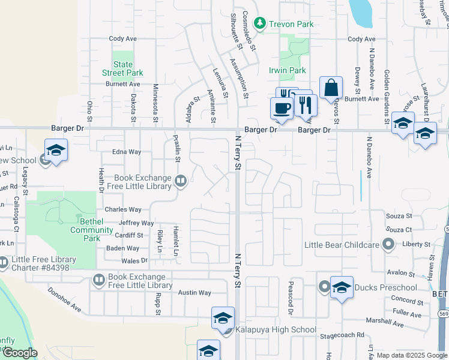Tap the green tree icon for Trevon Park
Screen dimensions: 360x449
pos(259,23)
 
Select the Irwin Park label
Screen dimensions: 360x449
pos(288,70)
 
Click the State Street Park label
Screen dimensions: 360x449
pos(123,69)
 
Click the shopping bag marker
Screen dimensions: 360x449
pos(331,88)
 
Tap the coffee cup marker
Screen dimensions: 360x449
pos(282,108)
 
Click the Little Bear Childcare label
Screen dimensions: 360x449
pos(342,245)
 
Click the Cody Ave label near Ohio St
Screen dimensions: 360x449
pos(123,39)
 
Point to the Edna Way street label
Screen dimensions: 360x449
pos(126,152)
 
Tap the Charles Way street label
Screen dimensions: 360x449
pos(122,210)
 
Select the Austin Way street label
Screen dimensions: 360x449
pos(194,293)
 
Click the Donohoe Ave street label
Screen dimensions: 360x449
pos(65,298)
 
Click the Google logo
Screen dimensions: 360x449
pos(20,353)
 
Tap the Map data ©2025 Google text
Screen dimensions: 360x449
pos(412,355)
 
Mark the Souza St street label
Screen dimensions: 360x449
pos(399,216)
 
